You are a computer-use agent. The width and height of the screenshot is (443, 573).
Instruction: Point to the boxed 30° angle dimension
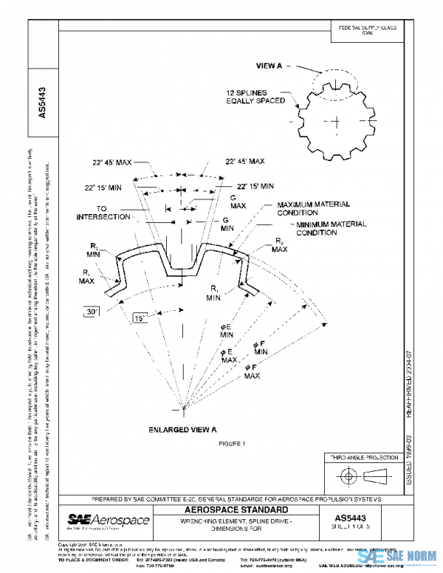point(92,312)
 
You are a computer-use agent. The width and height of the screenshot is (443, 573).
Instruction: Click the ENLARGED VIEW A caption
point(182,429)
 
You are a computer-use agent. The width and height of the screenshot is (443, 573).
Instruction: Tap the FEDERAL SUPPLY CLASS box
point(367,31)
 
